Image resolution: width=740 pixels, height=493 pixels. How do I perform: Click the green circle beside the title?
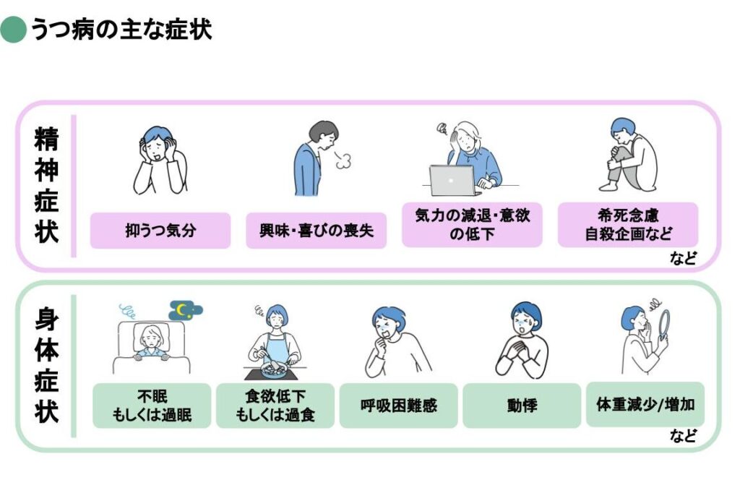13,30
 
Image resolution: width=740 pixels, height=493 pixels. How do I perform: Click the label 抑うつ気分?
160,231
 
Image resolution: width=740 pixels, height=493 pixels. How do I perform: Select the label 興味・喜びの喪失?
316,231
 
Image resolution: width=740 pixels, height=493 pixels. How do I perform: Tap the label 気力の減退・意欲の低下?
472,225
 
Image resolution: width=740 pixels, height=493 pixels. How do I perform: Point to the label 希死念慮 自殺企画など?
628,225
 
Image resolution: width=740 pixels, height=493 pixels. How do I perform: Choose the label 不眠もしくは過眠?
152,406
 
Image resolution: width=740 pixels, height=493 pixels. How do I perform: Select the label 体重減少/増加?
645,405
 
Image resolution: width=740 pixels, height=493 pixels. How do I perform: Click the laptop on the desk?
452,180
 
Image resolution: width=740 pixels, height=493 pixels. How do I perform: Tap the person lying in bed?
154,340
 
